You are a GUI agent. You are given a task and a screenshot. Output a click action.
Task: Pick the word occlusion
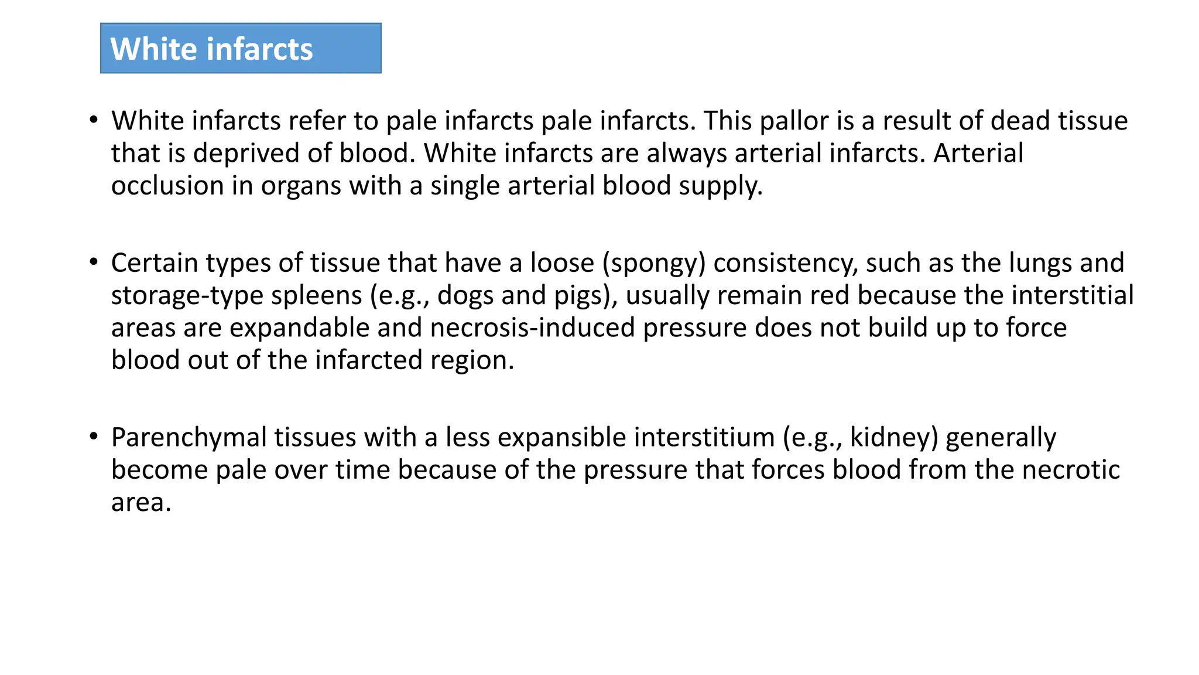tap(167, 186)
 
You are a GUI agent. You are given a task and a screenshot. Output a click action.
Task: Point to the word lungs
tap(1040, 262)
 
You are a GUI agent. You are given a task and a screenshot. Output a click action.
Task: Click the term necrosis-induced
tap(532, 328)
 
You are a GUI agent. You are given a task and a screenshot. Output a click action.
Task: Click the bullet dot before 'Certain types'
tap(94, 262)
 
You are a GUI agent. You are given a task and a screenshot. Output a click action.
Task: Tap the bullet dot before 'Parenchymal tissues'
tap(94, 437)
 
